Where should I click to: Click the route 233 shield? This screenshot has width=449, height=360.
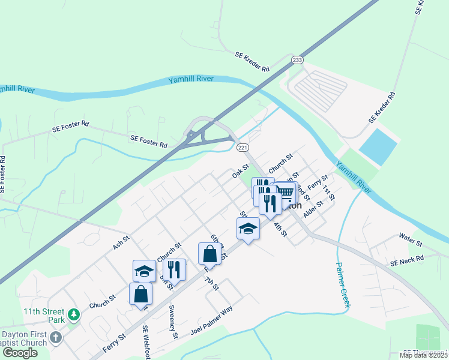(297, 60)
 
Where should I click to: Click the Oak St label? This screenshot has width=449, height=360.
(240, 172)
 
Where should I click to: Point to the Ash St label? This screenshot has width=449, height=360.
(121, 242)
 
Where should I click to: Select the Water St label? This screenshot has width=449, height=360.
(411, 239)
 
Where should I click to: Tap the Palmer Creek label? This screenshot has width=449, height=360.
(342, 285)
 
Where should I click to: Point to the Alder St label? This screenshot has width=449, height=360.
(313, 208)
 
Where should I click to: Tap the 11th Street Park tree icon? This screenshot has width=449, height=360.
(73, 314)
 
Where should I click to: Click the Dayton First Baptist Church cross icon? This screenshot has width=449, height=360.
(56, 337)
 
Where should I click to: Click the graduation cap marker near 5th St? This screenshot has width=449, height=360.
(248, 229)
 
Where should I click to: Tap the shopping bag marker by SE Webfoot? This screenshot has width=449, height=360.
(140, 294)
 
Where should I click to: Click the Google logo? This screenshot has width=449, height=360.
(20, 353)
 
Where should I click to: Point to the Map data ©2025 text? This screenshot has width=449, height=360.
(423, 355)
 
